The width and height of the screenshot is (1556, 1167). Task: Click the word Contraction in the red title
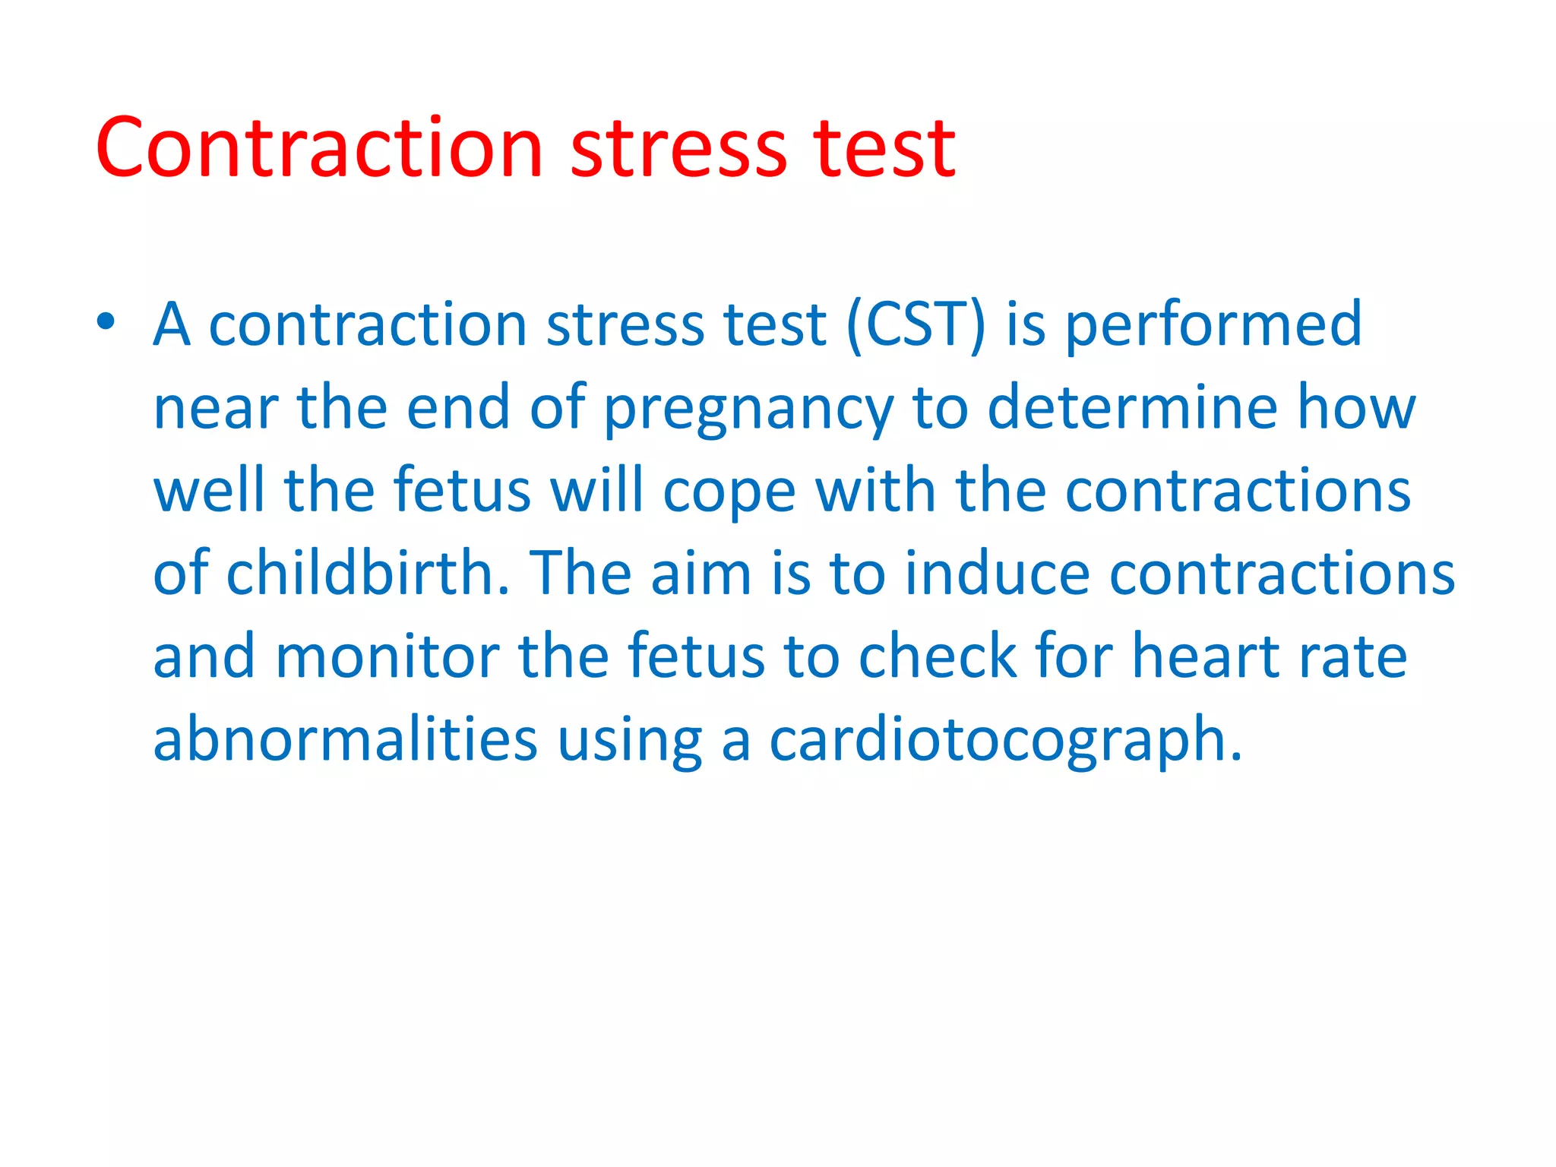click(x=319, y=147)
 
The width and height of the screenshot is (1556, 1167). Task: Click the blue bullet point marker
click(x=106, y=322)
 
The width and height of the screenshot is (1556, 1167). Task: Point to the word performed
click(x=1213, y=325)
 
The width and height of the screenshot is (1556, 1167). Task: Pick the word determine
click(x=1132, y=407)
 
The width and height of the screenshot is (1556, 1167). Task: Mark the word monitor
click(x=387, y=656)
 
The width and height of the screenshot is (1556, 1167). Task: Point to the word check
click(x=937, y=656)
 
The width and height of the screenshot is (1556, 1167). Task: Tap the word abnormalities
click(x=346, y=738)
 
